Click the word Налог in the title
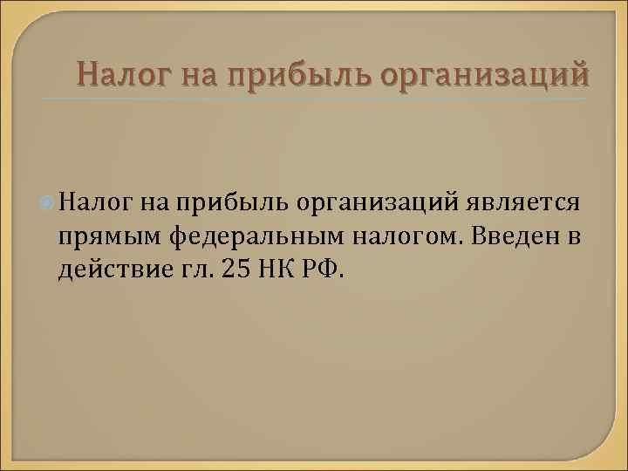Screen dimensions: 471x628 [124, 74]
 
